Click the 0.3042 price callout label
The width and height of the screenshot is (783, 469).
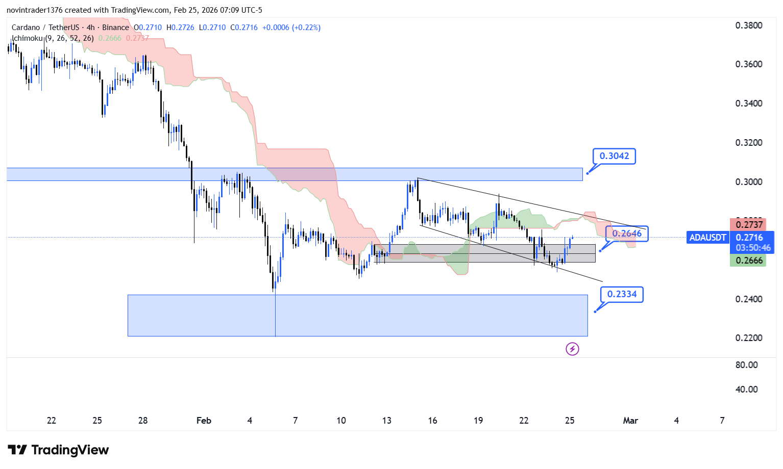click(614, 156)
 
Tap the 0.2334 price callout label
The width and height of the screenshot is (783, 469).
click(622, 294)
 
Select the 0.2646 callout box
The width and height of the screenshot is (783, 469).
click(627, 233)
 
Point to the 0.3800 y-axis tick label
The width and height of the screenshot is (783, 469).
click(748, 25)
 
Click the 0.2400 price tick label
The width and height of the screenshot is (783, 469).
click(748, 299)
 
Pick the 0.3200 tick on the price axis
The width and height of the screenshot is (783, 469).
click(748, 143)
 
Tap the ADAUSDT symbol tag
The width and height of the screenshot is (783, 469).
click(707, 238)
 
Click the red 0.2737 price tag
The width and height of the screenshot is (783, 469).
click(749, 225)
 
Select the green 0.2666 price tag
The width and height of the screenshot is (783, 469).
click(749, 260)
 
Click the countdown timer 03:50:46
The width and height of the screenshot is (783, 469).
click(753, 248)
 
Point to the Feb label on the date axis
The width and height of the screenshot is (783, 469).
click(204, 421)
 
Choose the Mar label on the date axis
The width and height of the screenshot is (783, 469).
click(630, 421)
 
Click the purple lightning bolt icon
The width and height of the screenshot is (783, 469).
click(572, 349)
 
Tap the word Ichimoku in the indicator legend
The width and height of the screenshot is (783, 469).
click(28, 38)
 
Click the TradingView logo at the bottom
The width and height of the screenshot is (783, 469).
click(59, 450)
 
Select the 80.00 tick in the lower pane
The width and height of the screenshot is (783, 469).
click(746, 365)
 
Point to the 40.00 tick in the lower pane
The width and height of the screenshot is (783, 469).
click(746, 389)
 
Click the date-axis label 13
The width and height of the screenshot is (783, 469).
click(387, 421)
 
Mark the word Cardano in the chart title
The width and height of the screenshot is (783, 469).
click(26, 28)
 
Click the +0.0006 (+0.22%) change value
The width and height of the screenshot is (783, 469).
click(291, 28)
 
